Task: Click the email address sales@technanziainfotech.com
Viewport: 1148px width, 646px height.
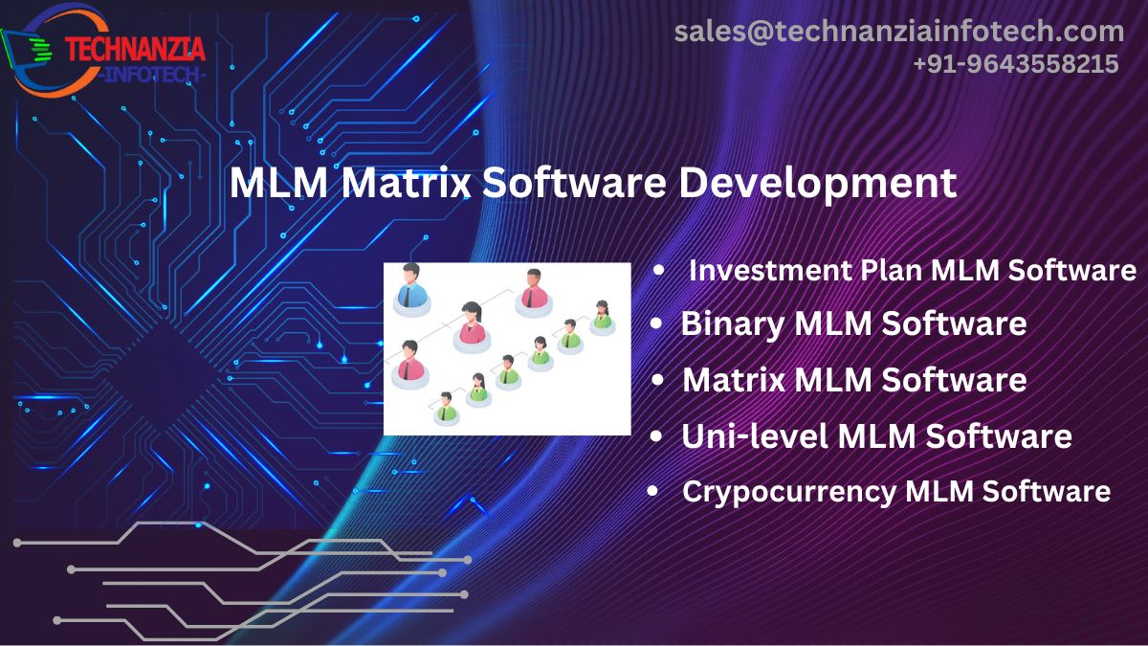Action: pyautogui.click(x=899, y=31)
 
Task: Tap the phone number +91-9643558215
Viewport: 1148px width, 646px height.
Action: pyautogui.click(x=1015, y=64)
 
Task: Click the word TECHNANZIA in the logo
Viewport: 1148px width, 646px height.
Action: pyautogui.click(x=135, y=47)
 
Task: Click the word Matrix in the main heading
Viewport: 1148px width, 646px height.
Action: pyautogui.click(x=406, y=182)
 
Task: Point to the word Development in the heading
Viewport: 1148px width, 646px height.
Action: pyautogui.click(x=817, y=182)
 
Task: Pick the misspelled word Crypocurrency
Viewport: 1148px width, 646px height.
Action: pyautogui.click(x=787, y=491)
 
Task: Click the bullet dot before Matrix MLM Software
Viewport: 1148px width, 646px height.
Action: pyautogui.click(x=657, y=381)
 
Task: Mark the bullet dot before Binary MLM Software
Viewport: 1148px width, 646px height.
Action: pyautogui.click(x=656, y=324)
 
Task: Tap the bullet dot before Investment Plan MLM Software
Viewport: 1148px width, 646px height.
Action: pyautogui.click(x=658, y=272)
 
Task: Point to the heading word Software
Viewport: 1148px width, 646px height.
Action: pyautogui.click(x=573, y=182)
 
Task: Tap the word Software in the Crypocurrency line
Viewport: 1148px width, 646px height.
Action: pyautogui.click(x=1047, y=491)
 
